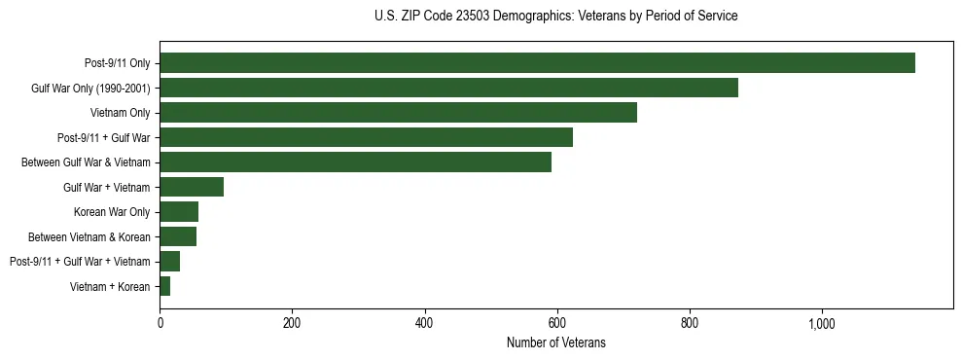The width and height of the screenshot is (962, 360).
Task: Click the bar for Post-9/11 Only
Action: coord(537,63)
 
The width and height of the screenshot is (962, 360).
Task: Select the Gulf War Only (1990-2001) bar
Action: coord(448,88)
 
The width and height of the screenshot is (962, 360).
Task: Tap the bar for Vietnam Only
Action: coord(398,113)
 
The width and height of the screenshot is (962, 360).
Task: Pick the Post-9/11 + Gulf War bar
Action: coord(366,137)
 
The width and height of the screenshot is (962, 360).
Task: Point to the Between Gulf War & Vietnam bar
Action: coord(355,162)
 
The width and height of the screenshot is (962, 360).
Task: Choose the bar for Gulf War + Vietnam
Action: coord(192,187)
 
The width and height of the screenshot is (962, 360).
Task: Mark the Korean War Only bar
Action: coord(179,212)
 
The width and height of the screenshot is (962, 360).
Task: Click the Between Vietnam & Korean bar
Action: coord(178,236)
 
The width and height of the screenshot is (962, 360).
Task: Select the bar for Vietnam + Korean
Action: coord(165,286)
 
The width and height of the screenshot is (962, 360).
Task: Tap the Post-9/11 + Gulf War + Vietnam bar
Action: coord(170,262)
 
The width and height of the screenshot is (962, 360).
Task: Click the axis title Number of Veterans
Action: coord(556,342)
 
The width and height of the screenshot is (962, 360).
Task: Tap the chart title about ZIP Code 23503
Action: coord(555,17)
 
